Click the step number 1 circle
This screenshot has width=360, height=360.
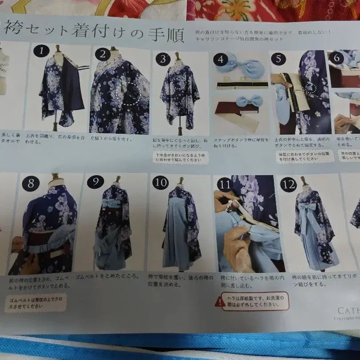click(41, 51)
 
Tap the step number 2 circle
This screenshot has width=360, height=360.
click(102, 55)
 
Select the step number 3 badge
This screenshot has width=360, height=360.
click(163, 59)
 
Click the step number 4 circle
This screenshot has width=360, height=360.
click(220, 59)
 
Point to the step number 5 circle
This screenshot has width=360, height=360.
click(278, 59)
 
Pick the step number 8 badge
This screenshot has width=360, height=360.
click(31, 183)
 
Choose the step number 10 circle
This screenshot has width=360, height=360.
click(160, 183)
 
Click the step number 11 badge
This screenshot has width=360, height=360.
click(224, 184)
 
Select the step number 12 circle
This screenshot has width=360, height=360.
click(288, 184)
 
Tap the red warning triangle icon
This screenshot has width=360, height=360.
click(220, 302)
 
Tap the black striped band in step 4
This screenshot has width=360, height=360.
click(242, 85)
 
